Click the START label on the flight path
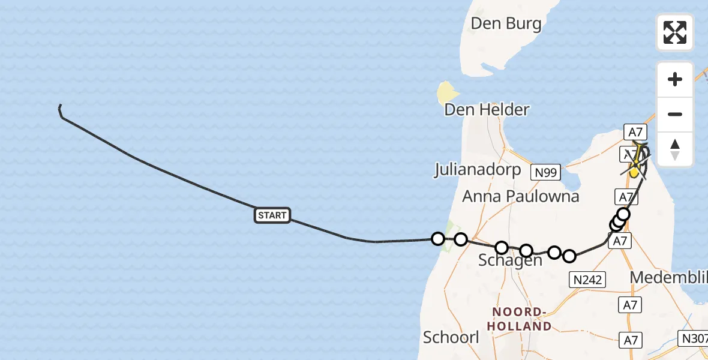(x=272, y=215)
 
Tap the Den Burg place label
(x=506, y=24)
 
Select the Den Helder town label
(x=487, y=110)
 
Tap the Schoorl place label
(x=451, y=337)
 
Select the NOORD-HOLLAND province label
(x=521, y=319)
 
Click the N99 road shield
(x=546, y=173)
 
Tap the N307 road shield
(x=693, y=338)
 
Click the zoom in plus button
(x=675, y=79)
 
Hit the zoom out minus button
(x=675, y=114)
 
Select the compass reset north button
(x=675, y=149)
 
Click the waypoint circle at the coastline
(x=438, y=239)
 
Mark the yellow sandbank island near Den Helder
(x=447, y=92)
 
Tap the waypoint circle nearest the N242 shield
(x=569, y=256)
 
